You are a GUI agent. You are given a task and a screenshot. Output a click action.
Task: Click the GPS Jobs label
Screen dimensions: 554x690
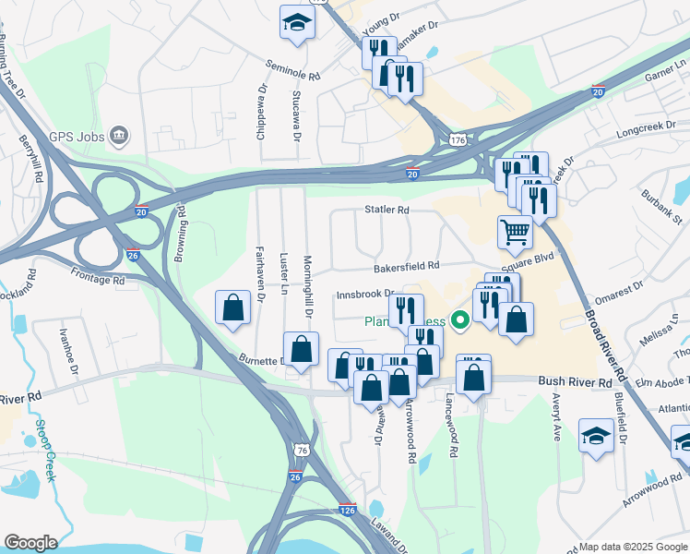coord(73,137)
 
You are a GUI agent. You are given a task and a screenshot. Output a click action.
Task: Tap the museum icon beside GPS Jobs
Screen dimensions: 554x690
coord(118,137)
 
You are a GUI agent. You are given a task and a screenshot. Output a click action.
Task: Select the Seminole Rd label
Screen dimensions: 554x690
coord(292,70)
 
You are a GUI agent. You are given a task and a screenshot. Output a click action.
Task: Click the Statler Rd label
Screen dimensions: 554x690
coord(386,211)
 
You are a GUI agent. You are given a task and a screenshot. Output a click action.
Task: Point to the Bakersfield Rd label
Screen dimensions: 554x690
coord(406,267)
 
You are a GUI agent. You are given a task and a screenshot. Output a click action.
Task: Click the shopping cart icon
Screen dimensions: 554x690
coord(514,232)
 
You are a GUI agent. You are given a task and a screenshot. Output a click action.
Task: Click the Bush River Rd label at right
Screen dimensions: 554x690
coord(576,380)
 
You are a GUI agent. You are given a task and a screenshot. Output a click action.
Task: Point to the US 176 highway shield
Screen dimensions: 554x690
coord(458,139)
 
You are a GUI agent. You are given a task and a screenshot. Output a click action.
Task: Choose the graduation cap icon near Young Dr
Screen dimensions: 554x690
coord(297,22)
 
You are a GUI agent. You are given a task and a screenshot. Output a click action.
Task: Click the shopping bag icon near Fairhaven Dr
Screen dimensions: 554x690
coord(233,307)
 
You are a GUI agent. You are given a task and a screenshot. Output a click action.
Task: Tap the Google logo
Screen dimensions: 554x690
coord(30,543)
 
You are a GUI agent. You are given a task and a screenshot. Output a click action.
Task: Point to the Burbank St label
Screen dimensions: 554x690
coord(663,208)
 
